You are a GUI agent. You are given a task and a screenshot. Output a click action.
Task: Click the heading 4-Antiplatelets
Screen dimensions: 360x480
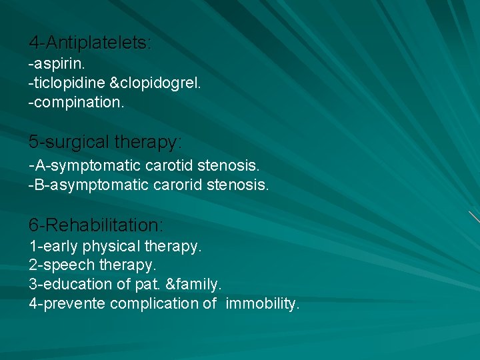click(90, 43)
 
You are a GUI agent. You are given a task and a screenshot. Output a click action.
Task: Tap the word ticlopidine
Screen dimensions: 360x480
click(66, 85)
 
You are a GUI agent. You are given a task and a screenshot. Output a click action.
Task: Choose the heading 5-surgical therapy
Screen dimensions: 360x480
click(105, 142)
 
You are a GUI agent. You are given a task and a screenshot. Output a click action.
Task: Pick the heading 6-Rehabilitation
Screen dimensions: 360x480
click(96, 223)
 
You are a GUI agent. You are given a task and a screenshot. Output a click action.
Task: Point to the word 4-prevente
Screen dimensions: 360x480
click(67, 303)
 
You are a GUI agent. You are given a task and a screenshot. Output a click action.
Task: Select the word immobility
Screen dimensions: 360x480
click(263, 303)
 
